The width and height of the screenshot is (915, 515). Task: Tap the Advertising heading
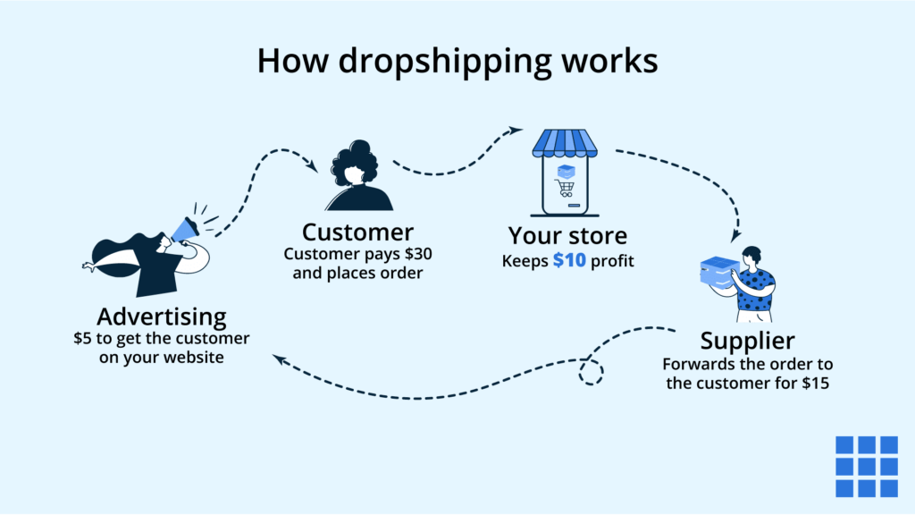(162, 317)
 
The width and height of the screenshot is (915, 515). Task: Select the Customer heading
(357, 232)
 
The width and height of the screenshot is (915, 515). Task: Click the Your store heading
(567, 236)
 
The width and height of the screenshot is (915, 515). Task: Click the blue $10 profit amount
(569, 261)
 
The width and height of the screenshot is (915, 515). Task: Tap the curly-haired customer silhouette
(357, 175)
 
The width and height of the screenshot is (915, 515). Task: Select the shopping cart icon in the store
(565, 188)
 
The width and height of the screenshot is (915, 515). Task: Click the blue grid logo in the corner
(866, 466)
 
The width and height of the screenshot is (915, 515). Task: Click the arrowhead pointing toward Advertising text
(279, 359)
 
